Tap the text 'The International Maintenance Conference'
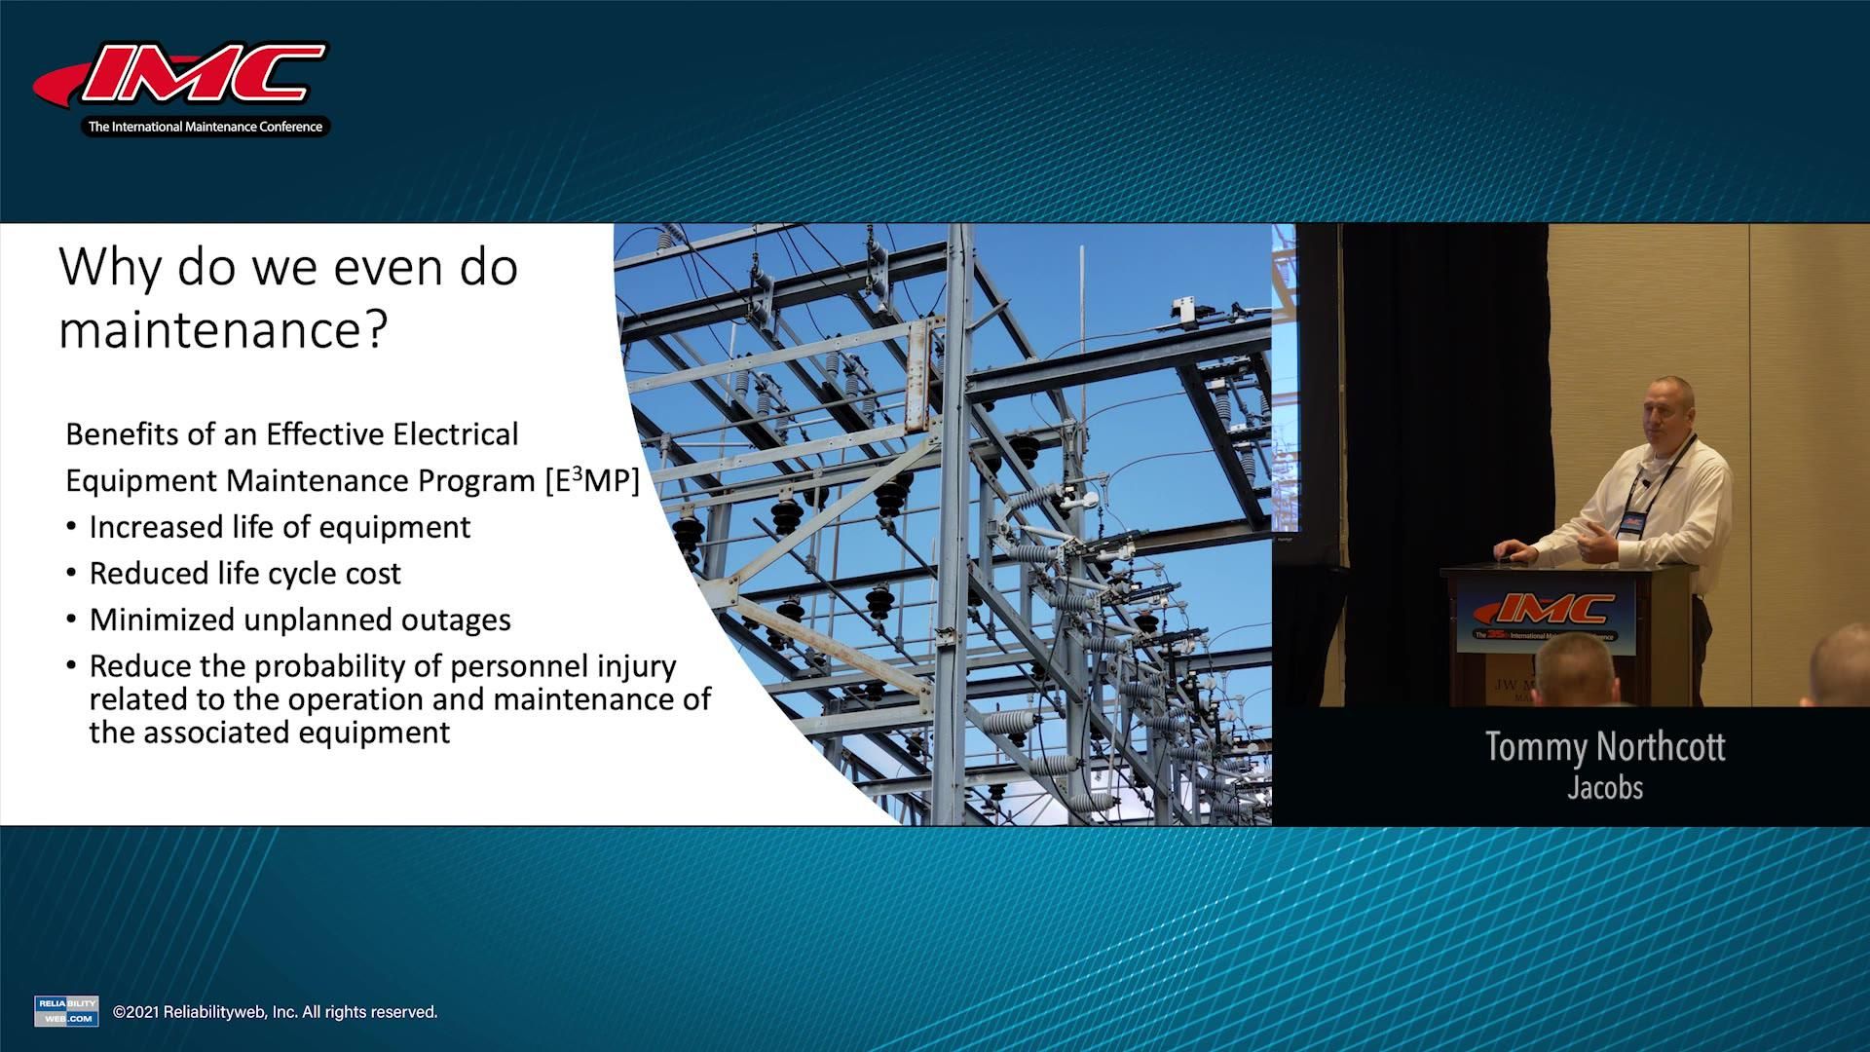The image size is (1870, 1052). click(206, 127)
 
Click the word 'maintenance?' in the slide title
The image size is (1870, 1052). click(223, 329)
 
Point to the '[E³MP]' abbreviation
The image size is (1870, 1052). click(592, 480)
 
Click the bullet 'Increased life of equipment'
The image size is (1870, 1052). click(280, 527)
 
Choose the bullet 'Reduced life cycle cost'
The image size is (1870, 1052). click(244, 574)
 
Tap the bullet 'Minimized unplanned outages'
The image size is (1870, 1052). click(300, 620)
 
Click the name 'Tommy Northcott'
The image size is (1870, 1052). click(1605, 747)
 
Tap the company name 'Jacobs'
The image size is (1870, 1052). click(1605, 787)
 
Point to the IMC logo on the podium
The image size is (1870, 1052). click(1545, 614)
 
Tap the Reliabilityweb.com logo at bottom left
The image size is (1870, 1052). click(66, 1011)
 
